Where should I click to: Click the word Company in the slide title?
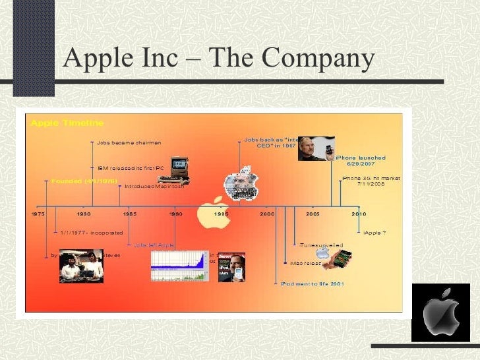[x=317, y=59]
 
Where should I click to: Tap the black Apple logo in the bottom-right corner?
[x=440, y=313]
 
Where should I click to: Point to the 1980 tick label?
[x=84, y=214]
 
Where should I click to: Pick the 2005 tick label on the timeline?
[x=312, y=214]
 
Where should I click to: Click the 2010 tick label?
[x=358, y=214]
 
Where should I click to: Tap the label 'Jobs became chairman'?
[x=129, y=142]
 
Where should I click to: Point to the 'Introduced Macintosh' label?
[x=156, y=187]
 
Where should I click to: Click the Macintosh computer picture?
[x=173, y=171]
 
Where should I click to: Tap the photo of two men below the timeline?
[x=81, y=265]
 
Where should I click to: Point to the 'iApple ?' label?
[x=375, y=232]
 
